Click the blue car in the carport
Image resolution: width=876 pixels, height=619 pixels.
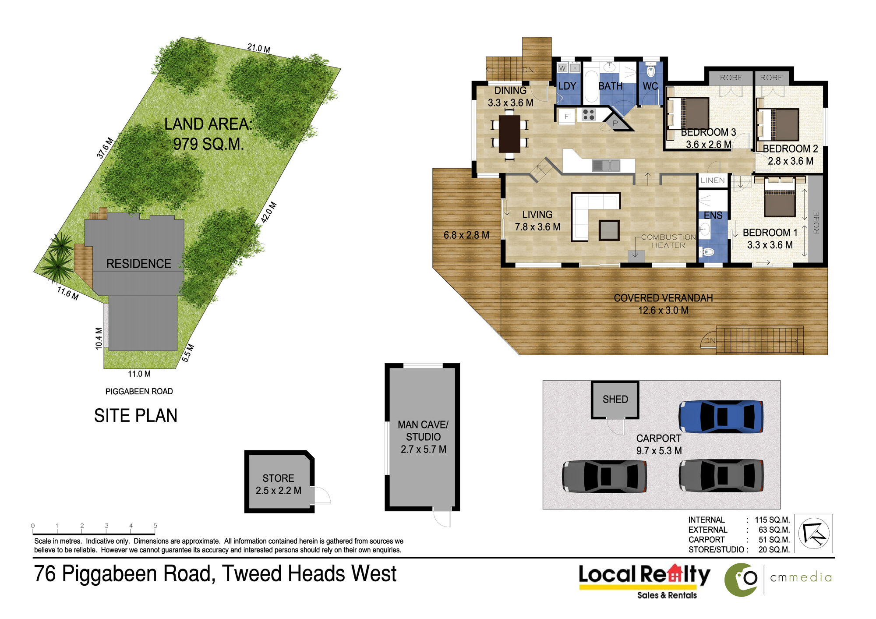click(721, 417)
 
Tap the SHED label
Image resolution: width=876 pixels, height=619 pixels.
click(615, 399)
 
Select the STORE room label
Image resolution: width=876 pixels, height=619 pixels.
click(278, 478)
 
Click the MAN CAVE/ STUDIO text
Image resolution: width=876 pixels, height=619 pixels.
click(423, 431)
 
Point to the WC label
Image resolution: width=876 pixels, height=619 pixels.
click(650, 86)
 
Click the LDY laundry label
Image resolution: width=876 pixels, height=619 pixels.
click(567, 86)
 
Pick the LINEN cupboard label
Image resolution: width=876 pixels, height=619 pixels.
click(713, 180)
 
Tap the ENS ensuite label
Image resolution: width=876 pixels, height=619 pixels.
click(713, 216)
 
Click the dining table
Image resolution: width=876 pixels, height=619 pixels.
click(509, 134)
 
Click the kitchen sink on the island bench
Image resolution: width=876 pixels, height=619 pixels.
click(606, 166)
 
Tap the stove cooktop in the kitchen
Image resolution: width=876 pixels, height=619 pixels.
click(589, 115)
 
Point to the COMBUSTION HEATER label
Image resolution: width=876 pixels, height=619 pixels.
click(668, 241)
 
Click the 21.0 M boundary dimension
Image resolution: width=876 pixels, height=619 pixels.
click(259, 48)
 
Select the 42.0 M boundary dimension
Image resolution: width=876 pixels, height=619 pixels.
click(269, 212)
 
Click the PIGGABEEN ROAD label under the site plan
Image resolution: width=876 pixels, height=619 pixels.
click(139, 391)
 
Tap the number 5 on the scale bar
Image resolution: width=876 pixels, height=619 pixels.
click(155, 525)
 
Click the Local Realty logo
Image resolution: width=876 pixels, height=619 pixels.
click(644, 581)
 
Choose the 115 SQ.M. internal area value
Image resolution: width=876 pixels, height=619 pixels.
click(772, 520)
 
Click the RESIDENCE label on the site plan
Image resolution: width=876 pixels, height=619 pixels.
click(138, 264)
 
